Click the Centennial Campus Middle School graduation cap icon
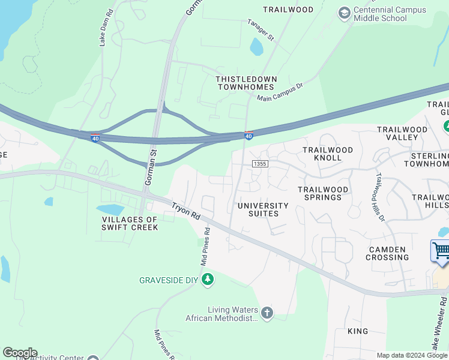point(344,13)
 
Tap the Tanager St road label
point(261,30)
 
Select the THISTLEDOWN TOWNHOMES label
point(246,83)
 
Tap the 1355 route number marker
point(259,163)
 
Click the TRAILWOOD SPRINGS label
point(323,193)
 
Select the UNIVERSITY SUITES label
point(263,209)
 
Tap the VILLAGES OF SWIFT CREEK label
point(130,223)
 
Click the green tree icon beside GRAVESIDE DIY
point(208,280)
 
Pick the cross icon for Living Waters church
point(267,313)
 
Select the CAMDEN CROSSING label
point(387,253)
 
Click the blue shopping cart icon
point(441,250)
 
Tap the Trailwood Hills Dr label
point(379,197)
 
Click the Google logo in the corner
point(19,353)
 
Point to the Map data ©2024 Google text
point(411,355)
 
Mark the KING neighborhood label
point(357,331)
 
